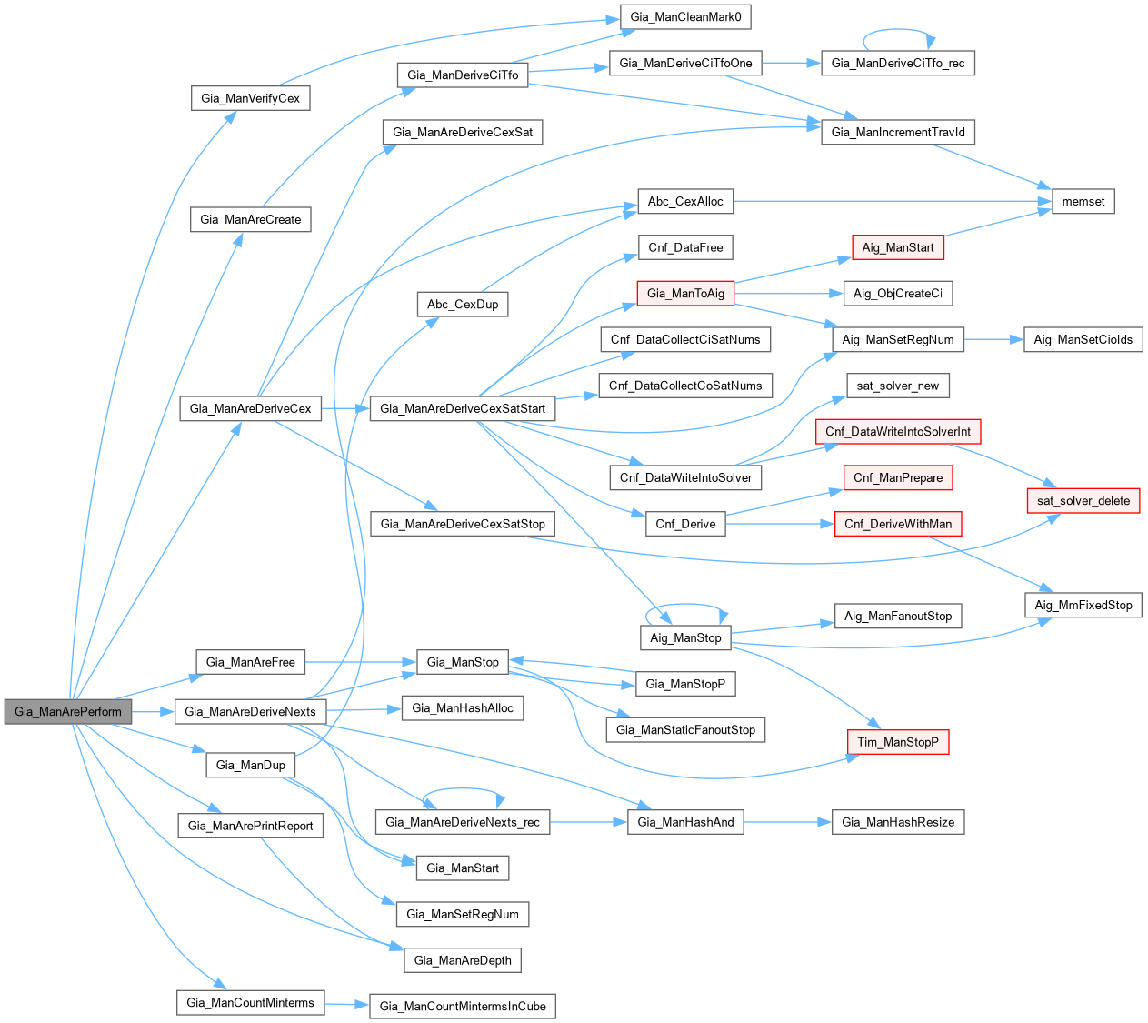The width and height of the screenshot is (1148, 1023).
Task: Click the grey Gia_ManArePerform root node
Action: [68, 711]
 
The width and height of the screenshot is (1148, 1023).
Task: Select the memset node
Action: [1083, 201]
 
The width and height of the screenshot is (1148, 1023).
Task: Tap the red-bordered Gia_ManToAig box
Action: [685, 293]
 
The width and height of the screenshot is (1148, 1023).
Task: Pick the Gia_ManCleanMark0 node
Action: [686, 17]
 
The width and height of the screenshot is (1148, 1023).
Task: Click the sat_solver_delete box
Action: [1083, 500]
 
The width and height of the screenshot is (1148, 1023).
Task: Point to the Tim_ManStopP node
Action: [898, 742]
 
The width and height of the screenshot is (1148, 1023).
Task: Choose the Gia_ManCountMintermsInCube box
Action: [463, 1006]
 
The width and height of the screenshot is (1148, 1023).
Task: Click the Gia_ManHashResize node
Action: [898, 822]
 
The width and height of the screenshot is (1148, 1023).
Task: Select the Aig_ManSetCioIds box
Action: [1083, 339]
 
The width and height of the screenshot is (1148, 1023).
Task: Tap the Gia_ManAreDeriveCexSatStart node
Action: [463, 408]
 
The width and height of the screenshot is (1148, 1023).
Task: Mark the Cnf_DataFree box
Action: [685, 247]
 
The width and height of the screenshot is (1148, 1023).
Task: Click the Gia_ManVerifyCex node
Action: [250, 98]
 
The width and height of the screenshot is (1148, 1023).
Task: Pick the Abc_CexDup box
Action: [463, 304]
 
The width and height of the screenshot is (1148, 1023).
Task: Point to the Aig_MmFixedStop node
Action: [1083, 605]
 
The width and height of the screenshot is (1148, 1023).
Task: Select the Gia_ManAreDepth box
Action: [463, 960]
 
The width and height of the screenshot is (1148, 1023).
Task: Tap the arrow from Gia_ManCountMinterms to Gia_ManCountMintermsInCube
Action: [346, 1005]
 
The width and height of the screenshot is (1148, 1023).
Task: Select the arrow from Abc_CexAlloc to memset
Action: [891, 201]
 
